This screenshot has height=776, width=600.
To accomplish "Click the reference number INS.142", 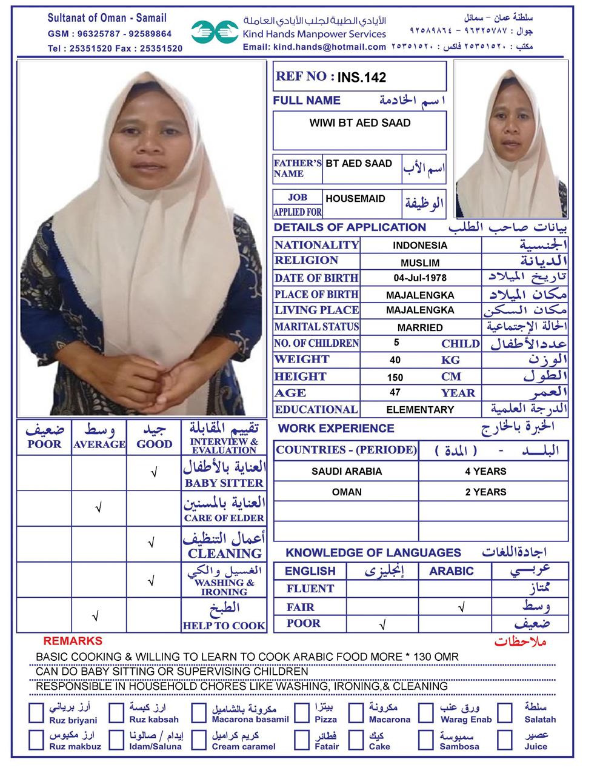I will pyautogui.click(x=361, y=78).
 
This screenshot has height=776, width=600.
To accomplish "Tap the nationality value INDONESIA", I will pyautogui.click(x=419, y=246).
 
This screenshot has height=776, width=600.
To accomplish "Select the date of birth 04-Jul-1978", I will pyautogui.click(x=419, y=278).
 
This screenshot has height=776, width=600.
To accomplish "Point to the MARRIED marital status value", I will pyautogui.click(x=419, y=327).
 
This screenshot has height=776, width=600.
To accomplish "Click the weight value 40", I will pyautogui.click(x=395, y=360).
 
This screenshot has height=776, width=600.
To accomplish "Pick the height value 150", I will pyautogui.click(x=395, y=377).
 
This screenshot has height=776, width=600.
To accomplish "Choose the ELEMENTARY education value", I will pyautogui.click(x=419, y=410).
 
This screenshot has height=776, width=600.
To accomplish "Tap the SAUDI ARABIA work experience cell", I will pyautogui.click(x=347, y=471).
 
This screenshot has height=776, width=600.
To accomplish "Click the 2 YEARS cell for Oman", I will pyautogui.click(x=485, y=492).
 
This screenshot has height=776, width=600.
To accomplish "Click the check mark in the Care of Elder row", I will pyautogui.click(x=98, y=508).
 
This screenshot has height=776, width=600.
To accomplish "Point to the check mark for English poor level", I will pyautogui.click(x=382, y=624).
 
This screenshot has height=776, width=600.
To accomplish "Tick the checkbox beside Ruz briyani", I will pyautogui.click(x=36, y=713).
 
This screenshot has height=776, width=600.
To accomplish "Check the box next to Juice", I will pyautogui.click(x=505, y=740).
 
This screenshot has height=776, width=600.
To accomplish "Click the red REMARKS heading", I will pyautogui.click(x=73, y=641).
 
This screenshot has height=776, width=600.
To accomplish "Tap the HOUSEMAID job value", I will pyautogui.click(x=355, y=198).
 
